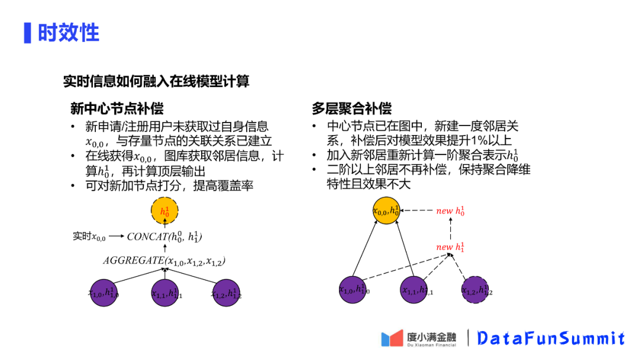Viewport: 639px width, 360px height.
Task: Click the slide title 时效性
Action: click(x=68, y=33)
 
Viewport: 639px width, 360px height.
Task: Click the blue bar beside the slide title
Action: click(x=27, y=33)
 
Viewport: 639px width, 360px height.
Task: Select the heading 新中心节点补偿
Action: click(x=117, y=108)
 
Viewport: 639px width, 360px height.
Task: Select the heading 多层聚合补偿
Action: click(x=351, y=108)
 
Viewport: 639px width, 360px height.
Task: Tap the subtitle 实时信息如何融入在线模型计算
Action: click(x=156, y=81)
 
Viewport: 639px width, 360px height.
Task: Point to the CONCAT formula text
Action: click(x=164, y=237)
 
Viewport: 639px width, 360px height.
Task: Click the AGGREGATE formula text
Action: click(x=164, y=261)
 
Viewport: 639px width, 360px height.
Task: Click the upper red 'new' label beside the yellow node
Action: click(x=450, y=211)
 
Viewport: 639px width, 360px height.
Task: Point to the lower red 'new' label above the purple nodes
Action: click(x=450, y=246)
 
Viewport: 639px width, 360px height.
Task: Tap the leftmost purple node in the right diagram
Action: click(x=354, y=289)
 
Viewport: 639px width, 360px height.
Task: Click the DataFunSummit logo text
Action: click(x=551, y=338)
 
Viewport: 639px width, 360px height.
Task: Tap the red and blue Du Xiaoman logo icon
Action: click(x=392, y=338)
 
